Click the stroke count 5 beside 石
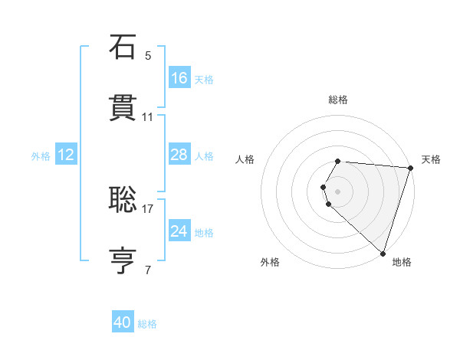tap(148, 56)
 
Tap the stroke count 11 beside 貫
tap(148, 117)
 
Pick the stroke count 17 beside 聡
tap(148, 208)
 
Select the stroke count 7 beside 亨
tap(148, 270)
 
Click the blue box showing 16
tap(179, 78)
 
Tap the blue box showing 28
tap(179, 155)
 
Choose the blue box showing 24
tap(179, 231)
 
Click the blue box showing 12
tap(66, 155)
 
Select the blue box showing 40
tap(123, 323)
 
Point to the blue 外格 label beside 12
tap(41, 156)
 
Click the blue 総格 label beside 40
tap(147, 325)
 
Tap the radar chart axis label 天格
tap(431, 159)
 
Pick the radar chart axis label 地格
tap(402, 262)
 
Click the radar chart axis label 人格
tap(245, 159)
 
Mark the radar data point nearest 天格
tap(410, 168)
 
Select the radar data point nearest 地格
tap(383, 253)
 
